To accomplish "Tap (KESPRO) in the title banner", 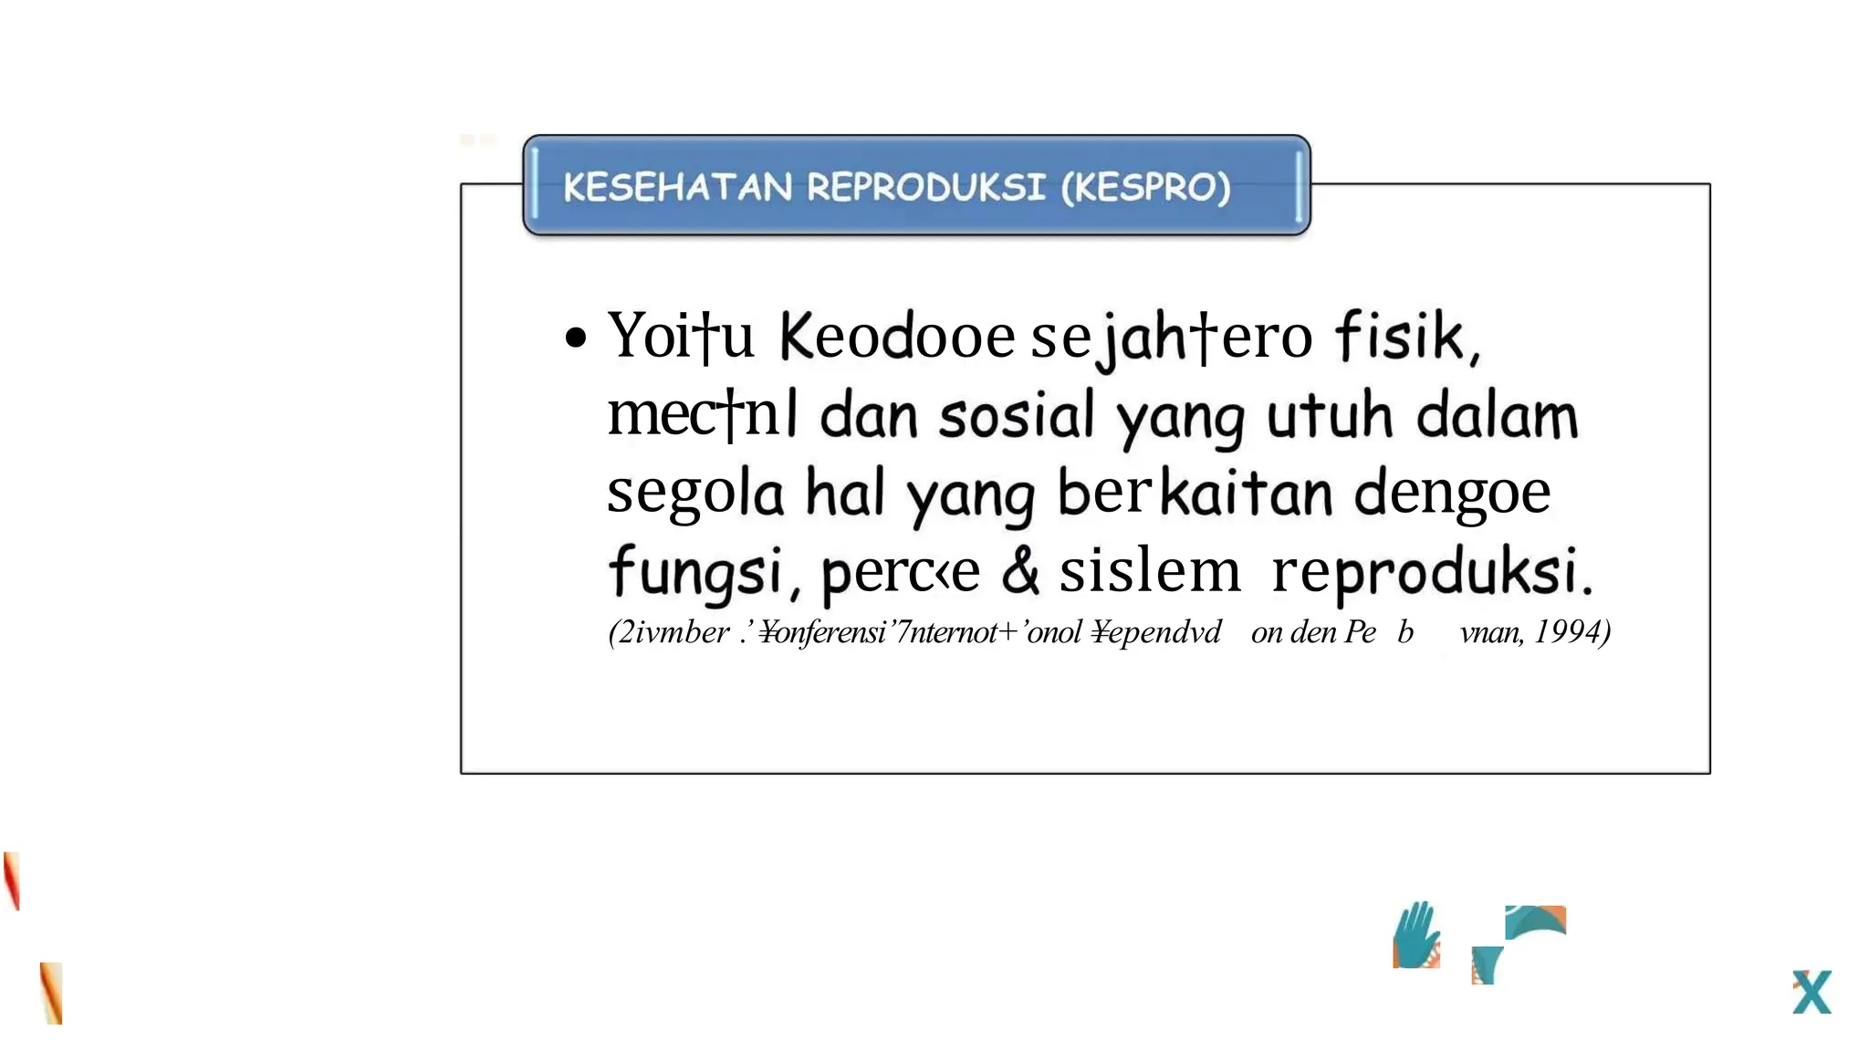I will pyautogui.click(x=1145, y=187).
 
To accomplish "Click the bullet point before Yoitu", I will pyautogui.click(x=575, y=338).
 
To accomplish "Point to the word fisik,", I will pyautogui.click(x=1406, y=337).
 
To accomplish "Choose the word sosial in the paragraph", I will pyautogui.click(x=1016, y=416).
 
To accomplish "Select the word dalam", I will pyautogui.click(x=1497, y=416).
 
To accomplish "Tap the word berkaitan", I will pyautogui.click(x=1195, y=494).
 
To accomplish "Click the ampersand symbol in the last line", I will pyautogui.click(x=1019, y=571).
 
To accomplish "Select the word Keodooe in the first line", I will pyautogui.click(x=896, y=337).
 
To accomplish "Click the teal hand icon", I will pyautogui.click(x=1415, y=935).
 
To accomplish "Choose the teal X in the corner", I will pyautogui.click(x=1811, y=992).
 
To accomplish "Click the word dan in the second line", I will pyautogui.click(x=868, y=416).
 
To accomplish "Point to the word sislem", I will pyautogui.click(x=1149, y=572).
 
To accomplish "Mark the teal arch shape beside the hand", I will pyautogui.click(x=1535, y=921).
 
